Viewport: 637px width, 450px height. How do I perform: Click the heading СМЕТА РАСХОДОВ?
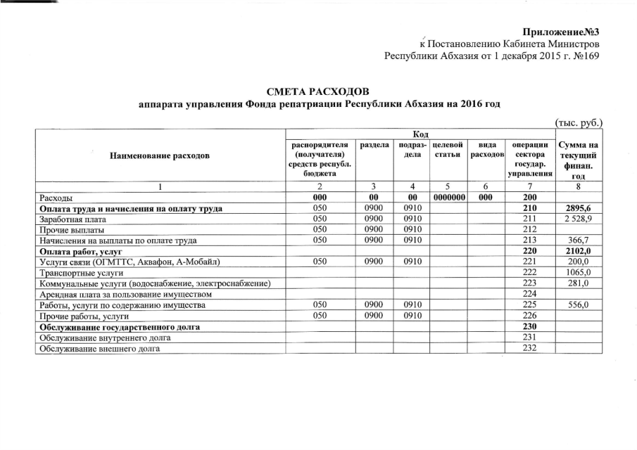[x=318, y=91]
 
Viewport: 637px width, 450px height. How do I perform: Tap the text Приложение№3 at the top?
[x=560, y=32]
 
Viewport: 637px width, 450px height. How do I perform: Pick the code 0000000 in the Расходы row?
[x=450, y=198]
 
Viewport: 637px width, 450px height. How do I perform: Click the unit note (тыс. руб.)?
[x=579, y=122]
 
